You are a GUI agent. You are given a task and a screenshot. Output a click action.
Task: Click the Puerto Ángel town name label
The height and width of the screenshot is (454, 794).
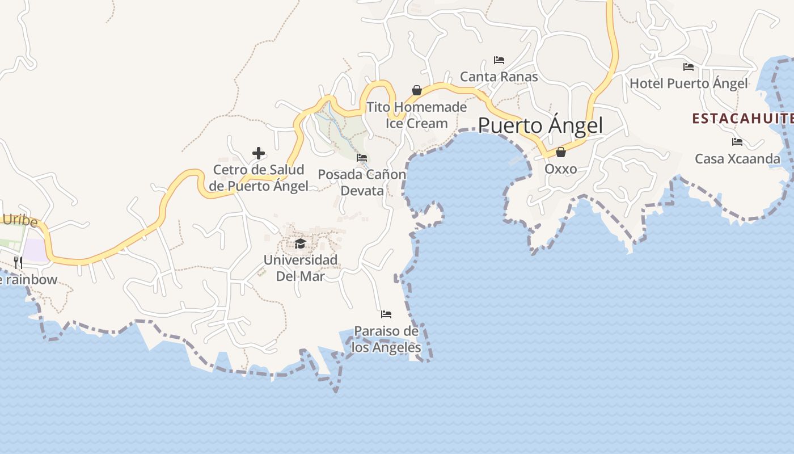click(x=540, y=125)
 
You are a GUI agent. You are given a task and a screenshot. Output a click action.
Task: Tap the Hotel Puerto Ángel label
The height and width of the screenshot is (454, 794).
click(x=689, y=84)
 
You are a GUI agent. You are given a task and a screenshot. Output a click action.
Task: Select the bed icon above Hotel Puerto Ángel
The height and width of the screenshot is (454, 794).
click(x=689, y=67)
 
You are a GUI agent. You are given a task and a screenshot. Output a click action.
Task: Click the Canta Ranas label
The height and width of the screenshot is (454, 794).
click(x=499, y=76)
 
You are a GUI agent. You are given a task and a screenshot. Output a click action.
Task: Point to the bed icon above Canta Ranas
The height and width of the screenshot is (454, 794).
click(x=499, y=60)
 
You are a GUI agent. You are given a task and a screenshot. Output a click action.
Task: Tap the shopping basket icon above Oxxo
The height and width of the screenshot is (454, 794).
click(x=560, y=152)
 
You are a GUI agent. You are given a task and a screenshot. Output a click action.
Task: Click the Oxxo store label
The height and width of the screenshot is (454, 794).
click(x=560, y=169)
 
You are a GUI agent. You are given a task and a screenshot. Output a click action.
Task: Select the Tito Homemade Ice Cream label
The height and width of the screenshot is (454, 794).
click(x=417, y=115)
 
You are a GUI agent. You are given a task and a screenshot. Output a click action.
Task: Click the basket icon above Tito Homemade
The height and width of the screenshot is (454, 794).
click(x=417, y=90)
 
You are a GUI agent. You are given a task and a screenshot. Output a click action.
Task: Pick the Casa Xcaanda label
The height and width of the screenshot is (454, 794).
click(x=737, y=159)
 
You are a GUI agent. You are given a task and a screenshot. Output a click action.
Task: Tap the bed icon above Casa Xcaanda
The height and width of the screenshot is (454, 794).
click(x=737, y=142)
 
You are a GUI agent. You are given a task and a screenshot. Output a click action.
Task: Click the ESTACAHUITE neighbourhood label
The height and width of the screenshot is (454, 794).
click(x=742, y=119)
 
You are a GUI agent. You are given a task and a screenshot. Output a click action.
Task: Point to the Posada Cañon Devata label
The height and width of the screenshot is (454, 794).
click(x=362, y=182)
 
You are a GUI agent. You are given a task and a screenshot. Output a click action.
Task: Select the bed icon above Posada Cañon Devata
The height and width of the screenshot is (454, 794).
click(x=362, y=157)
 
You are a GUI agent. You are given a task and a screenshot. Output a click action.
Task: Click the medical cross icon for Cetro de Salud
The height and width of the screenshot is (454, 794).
click(x=259, y=153)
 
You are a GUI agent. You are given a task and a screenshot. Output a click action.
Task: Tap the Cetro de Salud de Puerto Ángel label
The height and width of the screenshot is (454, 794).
click(x=259, y=178)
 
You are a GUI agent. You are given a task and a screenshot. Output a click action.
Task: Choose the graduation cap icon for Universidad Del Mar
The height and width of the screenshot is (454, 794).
click(x=300, y=243)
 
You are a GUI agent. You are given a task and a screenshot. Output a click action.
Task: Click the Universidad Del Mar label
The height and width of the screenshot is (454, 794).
click(x=300, y=268)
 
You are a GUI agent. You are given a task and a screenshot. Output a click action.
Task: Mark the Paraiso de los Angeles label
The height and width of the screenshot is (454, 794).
click(x=386, y=339)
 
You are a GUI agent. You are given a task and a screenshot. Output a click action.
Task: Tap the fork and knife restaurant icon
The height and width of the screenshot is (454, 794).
click(x=18, y=262)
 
